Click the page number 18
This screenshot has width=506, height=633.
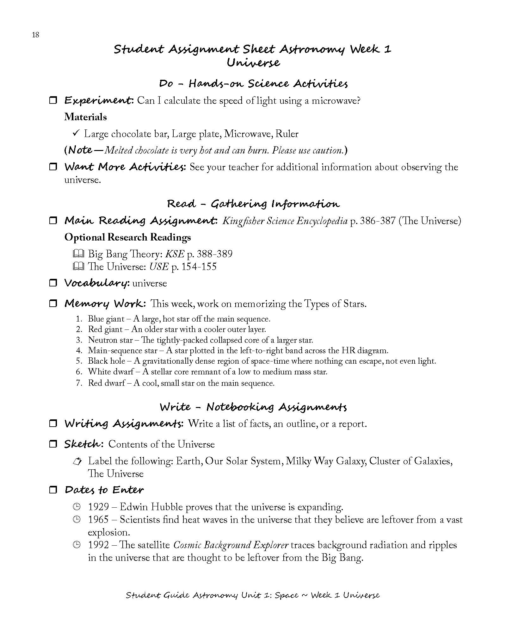(x=35, y=35)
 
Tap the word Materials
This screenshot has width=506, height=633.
(x=85, y=117)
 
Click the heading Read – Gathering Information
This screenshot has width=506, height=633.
(x=253, y=204)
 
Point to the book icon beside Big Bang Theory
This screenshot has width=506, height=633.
(x=78, y=254)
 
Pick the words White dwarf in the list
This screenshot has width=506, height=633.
(x=106, y=372)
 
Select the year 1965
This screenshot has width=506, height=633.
(x=98, y=520)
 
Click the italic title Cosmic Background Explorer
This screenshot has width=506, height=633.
(x=231, y=545)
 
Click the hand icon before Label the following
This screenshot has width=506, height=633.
(x=77, y=461)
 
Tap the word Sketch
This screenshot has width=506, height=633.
(x=83, y=444)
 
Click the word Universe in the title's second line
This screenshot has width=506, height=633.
(x=253, y=63)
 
